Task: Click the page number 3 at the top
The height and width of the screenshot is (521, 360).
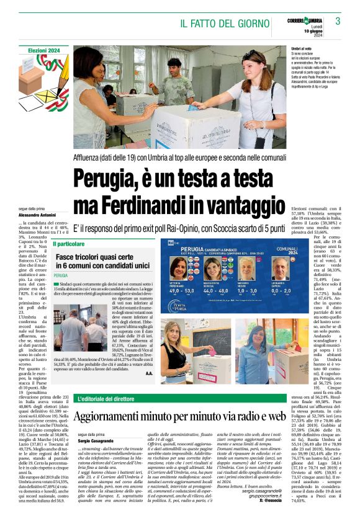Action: (338, 21)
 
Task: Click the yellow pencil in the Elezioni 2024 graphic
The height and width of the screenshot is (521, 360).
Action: (55, 69)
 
